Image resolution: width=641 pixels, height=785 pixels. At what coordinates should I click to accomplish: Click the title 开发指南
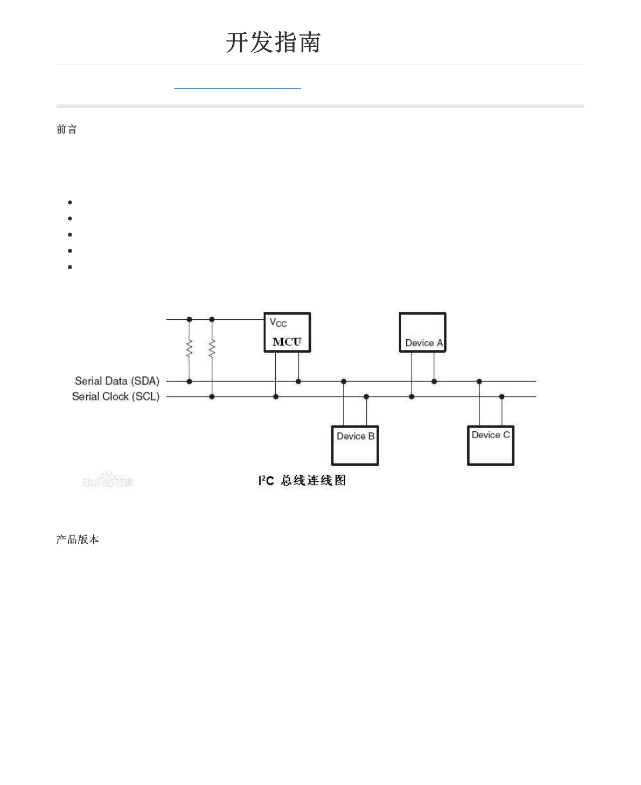[x=273, y=43]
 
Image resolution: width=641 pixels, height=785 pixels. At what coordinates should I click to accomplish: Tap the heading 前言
[x=67, y=130]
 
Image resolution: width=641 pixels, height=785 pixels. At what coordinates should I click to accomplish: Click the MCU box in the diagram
[x=287, y=333]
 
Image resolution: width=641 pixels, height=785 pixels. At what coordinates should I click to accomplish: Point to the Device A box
[x=423, y=333]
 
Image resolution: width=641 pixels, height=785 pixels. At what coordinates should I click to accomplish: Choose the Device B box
[x=355, y=446]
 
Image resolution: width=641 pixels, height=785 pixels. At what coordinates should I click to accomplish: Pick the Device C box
[x=491, y=446]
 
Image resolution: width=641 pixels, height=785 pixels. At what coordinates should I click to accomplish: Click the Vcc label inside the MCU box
[x=278, y=323]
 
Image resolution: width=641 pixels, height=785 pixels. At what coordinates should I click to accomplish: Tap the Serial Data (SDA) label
[x=117, y=381]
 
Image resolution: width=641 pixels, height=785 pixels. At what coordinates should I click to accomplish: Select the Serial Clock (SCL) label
[x=116, y=397]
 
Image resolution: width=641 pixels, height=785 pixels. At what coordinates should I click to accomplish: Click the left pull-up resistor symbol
[x=189, y=348]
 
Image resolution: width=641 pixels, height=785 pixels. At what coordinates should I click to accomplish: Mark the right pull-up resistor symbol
[x=212, y=348]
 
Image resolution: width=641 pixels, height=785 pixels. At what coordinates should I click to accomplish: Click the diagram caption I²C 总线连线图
[x=302, y=480]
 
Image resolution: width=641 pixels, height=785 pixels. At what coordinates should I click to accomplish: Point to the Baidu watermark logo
[x=107, y=480]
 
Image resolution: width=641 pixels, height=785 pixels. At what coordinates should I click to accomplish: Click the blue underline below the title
[x=237, y=88]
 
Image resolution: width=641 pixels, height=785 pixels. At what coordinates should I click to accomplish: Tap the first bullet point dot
[x=70, y=202]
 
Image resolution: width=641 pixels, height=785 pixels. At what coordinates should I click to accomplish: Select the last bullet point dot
[x=70, y=267]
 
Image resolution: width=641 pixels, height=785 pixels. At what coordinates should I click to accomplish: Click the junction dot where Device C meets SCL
[x=502, y=397]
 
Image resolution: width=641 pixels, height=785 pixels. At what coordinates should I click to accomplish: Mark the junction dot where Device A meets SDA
[x=434, y=382]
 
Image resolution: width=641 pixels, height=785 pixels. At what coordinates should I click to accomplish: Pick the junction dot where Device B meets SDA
[x=344, y=382]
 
